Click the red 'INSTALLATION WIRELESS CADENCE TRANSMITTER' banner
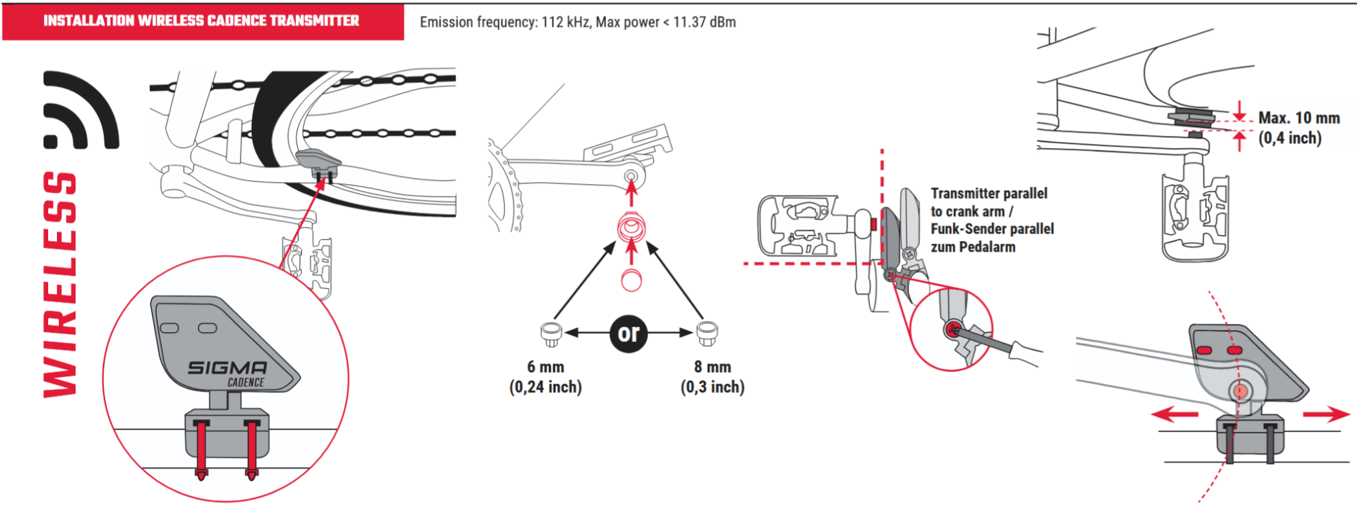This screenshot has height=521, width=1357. point(202,21)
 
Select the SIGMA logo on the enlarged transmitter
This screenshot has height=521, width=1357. point(228,367)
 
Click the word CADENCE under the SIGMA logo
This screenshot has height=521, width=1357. point(246,382)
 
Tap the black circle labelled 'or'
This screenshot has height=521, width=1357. point(628,333)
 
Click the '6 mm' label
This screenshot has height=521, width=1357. point(546,367)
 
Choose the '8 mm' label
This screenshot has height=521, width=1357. point(712,367)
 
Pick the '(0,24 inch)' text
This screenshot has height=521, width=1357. point(546,387)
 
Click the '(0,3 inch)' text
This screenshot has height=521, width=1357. point(712,387)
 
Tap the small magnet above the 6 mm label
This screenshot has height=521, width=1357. point(550,332)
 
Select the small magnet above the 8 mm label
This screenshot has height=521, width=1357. point(707,332)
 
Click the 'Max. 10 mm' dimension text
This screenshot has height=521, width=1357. point(1299,118)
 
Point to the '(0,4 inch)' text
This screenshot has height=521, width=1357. point(1290,139)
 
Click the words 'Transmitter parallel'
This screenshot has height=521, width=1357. point(989,194)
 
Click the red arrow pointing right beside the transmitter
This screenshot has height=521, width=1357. point(1328,414)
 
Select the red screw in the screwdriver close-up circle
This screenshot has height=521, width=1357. point(953,331)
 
